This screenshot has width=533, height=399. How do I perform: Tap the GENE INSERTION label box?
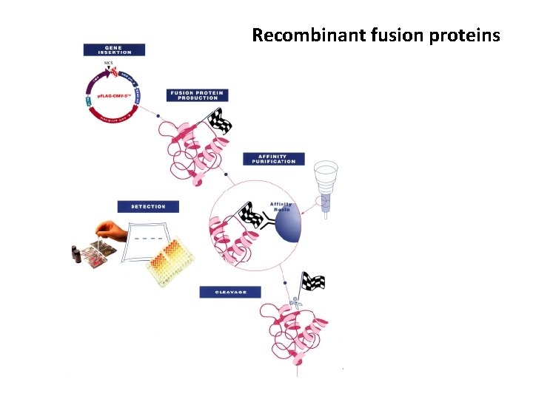pyautogui.click(x=114, y=50)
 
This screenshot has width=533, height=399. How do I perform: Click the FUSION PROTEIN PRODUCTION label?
pyautogui.click(x=196, y=95)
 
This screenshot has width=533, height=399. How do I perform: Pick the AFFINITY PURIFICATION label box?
pyautogui.click(x=273, y=159)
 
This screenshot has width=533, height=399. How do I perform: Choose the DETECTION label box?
pyautogui.click(x=148, y=206)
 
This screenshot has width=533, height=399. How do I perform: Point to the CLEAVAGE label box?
pyautogui.click(x=229, y=292)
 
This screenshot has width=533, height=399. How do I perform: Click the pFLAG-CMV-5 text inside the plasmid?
pyautogui.click(x=113, y=98)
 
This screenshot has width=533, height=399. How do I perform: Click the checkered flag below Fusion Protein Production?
pyautogui.click(x=219, y=120)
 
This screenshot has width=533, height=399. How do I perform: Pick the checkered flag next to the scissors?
pyautogui.click(x=312, y=282)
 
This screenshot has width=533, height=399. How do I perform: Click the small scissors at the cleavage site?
pyautogui.click(x=295, y=301)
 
